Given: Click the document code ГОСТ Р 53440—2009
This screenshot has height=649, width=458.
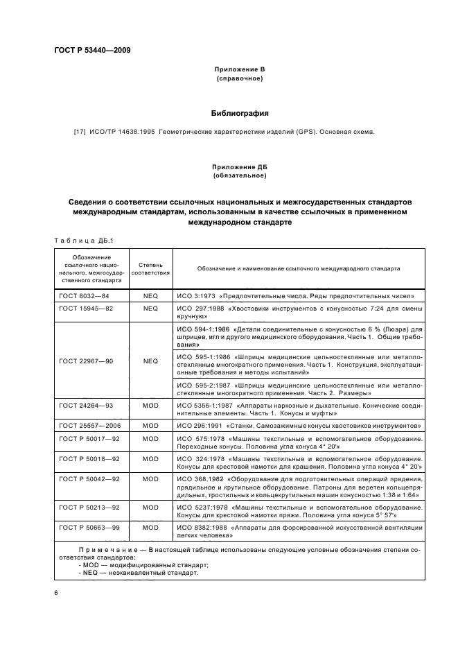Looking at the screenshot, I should coord(91,51).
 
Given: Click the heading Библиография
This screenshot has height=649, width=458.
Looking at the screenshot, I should coord(239,112).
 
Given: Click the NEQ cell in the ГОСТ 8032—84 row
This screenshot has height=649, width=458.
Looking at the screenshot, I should coord(150,295).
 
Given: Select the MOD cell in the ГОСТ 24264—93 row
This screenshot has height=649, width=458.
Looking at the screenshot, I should coord(150,405).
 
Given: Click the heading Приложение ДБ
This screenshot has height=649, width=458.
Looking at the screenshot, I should coord(240,167).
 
